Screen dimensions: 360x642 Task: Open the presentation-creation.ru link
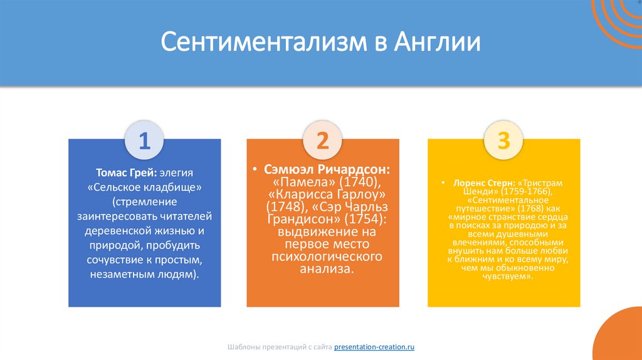coord(374,346)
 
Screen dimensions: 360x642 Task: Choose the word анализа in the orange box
coord(322,269)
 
